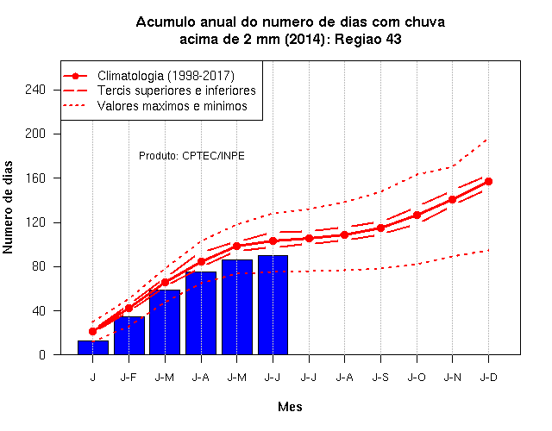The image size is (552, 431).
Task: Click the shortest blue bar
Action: coord(93,347)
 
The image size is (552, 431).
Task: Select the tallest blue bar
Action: coord(273,304)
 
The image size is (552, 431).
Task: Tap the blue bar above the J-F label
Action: coord(129,335)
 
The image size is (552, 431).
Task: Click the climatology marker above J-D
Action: coord(488,182)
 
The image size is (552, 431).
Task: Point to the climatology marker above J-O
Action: coord(417,215)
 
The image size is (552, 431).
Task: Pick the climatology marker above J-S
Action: coord(380,228)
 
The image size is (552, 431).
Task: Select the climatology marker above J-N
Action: coord(452,199)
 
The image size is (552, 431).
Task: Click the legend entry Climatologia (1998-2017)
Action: coord(148,76)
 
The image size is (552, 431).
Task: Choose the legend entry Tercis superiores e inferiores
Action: coord(159,91)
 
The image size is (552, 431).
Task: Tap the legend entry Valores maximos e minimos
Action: coord(155,106)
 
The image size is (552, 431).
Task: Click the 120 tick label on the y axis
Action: coord(35,222)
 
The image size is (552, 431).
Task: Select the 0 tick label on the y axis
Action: coord(42,354)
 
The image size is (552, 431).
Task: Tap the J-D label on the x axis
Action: coord(489,378)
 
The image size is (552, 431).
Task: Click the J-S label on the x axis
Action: coord(380,378)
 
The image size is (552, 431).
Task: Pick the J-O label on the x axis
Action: coord(417,378)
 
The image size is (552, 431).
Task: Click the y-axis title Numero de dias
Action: coord(8,208)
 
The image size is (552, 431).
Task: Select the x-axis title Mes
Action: coord(290,407)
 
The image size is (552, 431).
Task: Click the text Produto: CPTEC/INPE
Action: coord(191,156)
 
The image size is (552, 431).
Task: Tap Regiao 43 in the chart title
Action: coord(368,39)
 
